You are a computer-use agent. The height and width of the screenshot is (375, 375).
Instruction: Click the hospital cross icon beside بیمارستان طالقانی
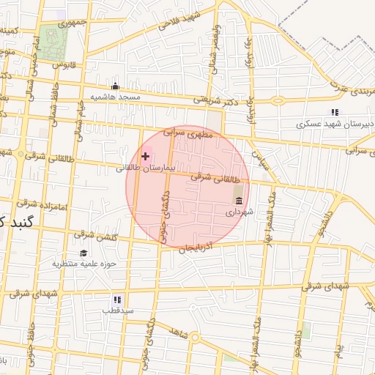145,156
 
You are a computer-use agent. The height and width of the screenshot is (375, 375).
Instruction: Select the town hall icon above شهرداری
238,201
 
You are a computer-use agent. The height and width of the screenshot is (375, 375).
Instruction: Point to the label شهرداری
238,212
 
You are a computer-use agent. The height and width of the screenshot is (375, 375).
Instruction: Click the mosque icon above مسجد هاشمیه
114,86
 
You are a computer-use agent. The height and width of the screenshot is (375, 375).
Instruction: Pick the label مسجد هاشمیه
114,97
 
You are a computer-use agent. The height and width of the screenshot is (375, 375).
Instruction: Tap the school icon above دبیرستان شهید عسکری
335,112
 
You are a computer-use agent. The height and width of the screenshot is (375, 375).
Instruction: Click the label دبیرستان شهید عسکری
335,124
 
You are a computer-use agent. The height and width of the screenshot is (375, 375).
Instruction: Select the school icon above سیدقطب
116,300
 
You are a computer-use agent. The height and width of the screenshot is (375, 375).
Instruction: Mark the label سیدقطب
116,311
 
